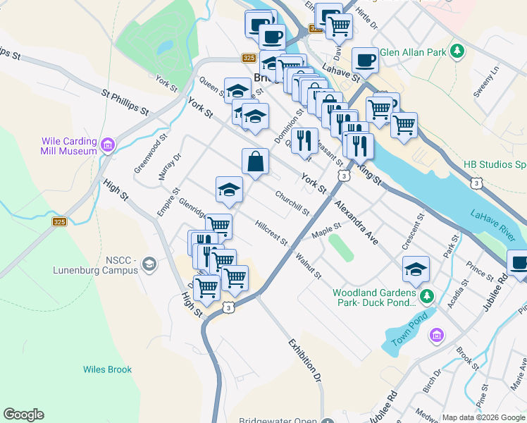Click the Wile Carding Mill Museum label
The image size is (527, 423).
pos(68,146)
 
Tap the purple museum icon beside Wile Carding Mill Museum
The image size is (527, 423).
pos(108,146)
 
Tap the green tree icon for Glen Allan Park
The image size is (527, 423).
pos(457,51)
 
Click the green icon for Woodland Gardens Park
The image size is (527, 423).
pos(425,295)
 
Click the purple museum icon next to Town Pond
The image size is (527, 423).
pos(437,334)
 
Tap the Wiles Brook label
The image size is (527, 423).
pos(107,369)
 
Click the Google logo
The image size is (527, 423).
pos(23,415)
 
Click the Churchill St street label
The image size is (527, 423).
pos(292,203)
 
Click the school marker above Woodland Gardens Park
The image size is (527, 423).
pos(416,269)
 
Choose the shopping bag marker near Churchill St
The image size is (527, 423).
pos(255,161)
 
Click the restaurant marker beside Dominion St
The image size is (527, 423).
pos(304,140)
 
